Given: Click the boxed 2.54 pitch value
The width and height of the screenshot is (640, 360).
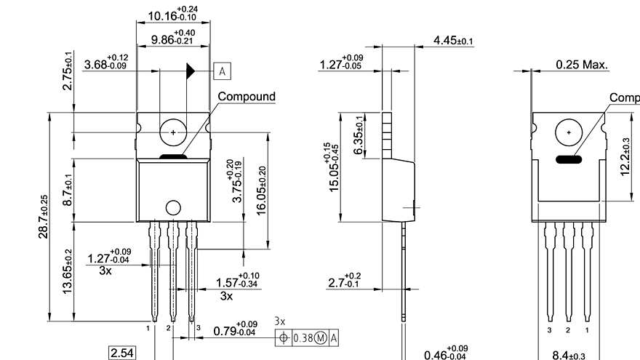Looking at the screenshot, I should [x=121, y=353].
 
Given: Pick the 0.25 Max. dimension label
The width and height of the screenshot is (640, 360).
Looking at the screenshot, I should [x=582, y=65].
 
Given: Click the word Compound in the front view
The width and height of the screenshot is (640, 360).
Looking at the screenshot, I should [x=247, y=96].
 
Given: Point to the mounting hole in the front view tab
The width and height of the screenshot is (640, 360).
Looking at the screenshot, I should [x=173, y=132].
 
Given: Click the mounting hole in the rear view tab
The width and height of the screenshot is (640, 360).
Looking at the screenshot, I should [x=568, y=132].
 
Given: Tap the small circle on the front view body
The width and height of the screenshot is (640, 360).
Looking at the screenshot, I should [x=173, y=207].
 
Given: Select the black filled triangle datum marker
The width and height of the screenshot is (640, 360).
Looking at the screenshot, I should [x=191, y=71].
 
